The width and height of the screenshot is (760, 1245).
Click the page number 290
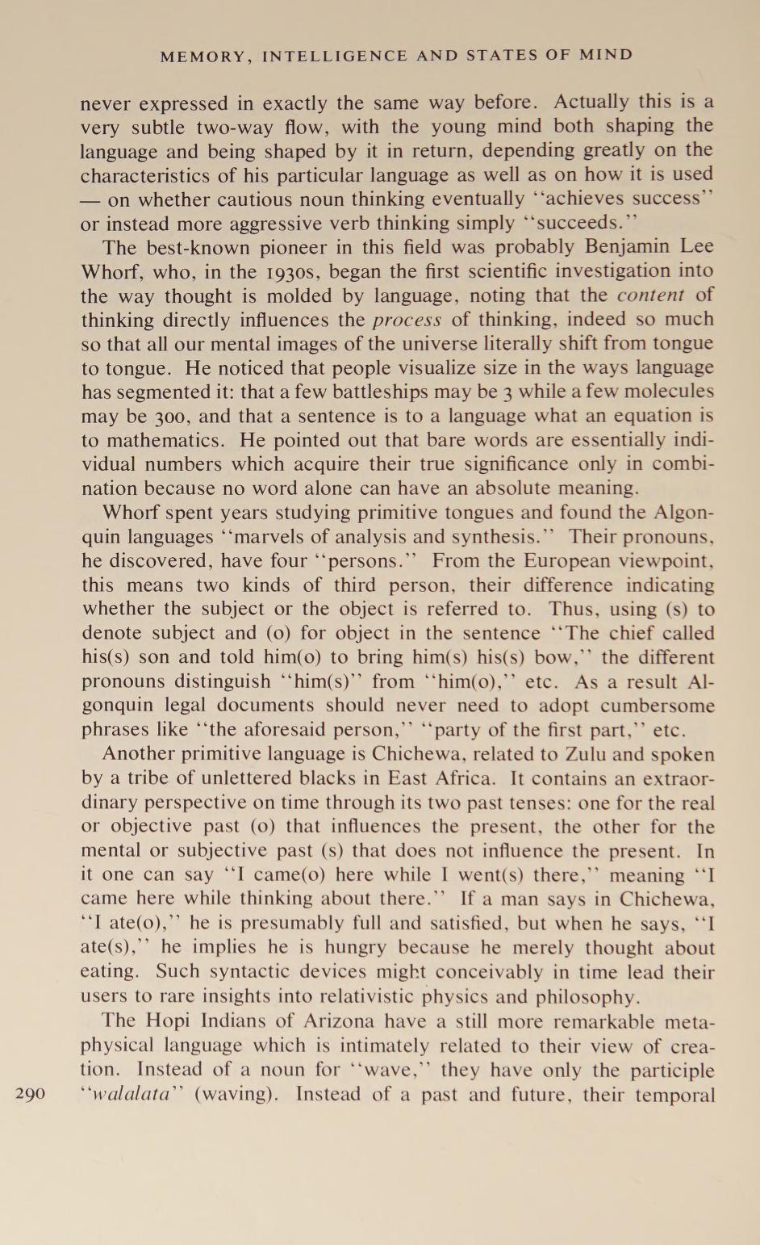tap(30, 1095)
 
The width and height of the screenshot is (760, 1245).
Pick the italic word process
tap(407, 320)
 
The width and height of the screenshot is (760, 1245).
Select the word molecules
tap(666, 392)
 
